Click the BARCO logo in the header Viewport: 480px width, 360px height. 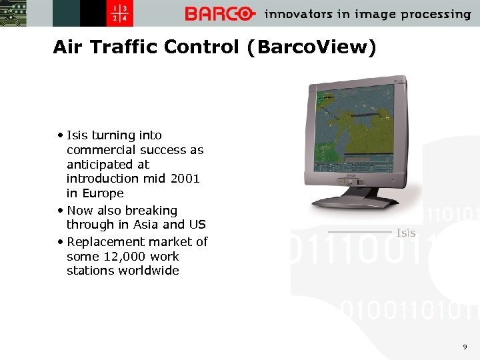point(220,14)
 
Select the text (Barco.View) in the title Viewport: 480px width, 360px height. point(311,47)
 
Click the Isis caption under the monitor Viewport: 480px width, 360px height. point(405,233)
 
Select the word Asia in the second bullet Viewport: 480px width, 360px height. point(145,225)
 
